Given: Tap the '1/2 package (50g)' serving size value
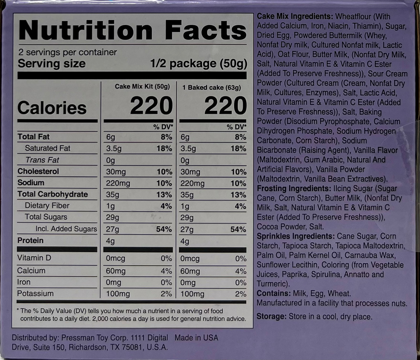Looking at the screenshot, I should click(x=199, y=64).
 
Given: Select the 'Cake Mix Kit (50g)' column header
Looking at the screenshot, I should click(x=142, y=87).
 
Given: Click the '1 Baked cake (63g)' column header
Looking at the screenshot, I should click(x=212, y=87).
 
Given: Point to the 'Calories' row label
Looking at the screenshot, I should click(x=52, y=108).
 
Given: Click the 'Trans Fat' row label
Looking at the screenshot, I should click(x=42, y=160).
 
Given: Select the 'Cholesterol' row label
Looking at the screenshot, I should click(x=38, y=171).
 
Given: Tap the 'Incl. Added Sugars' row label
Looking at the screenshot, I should click(x=66, y=229).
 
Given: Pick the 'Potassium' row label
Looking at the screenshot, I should click(x=35, y=294).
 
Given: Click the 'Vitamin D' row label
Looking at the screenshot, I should click(x=34, y=258).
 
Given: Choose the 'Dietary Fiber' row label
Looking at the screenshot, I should click(x=47, y=206).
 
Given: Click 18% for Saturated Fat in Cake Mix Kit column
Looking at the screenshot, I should click(x=164, y=149).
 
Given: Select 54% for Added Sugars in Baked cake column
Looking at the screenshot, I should click(x=238, y=229).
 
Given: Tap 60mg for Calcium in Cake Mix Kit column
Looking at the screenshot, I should click(x=116, y=271).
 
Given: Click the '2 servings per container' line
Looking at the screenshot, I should click(x=67, y=52).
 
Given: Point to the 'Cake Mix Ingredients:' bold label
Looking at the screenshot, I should click(x=295, y=17).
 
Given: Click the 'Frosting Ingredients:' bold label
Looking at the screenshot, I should click(x=294, y=188).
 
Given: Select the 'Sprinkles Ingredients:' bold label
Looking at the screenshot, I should click(x=294, y=236).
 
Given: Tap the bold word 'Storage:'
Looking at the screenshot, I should click(x=271, y=316).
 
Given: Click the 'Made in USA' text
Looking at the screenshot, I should click(x=196, y=338).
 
